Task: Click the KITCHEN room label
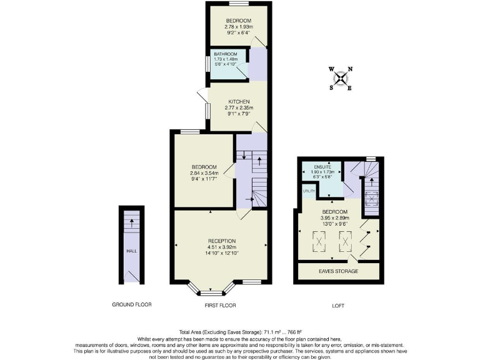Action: [x=239, y=101]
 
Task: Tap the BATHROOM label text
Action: [x=226, y=55]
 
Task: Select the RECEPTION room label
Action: [x=222, y=241]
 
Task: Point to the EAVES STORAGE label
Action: [x=338, y=271]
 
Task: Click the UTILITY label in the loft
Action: [x=308, y=191]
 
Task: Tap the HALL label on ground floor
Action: [x=131, y=251]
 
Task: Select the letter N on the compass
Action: [x=350, y=69]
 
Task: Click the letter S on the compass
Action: [x=331, y=87]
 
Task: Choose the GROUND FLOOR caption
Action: [x=131, y=305]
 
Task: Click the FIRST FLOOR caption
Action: [x=221, y=305]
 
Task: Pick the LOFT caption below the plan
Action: [x=338, y=306]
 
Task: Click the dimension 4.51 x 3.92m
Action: [x=222, y=247]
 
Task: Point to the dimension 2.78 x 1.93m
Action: [x=239, y=27]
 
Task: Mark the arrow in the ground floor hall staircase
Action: [x=132, y=220]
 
